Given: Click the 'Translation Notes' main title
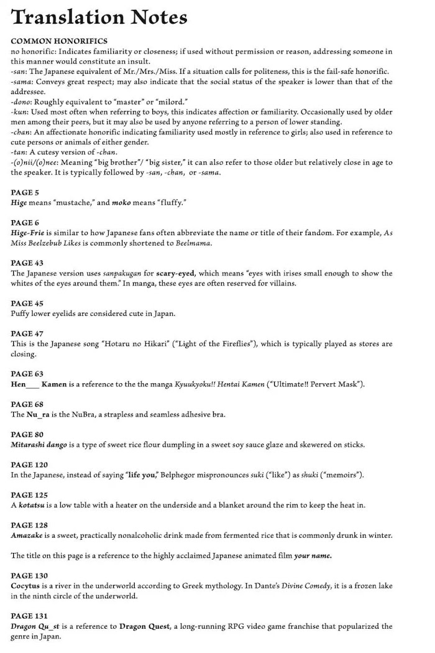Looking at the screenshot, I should click(x=99, y=18).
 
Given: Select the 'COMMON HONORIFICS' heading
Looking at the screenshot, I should click(x=59, y=41).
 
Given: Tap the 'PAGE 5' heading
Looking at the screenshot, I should click(x=25, y=193).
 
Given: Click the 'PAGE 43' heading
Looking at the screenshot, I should click(x=27, y=263).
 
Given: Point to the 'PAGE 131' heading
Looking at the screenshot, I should click(x=29, y=616).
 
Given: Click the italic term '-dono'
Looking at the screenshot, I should click(x=22, y=101).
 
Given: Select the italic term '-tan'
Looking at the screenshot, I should click(x=20, y=152).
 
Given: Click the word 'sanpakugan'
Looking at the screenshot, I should click(x=114, y=273).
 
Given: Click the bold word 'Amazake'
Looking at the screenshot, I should click(x=30, y=535).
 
